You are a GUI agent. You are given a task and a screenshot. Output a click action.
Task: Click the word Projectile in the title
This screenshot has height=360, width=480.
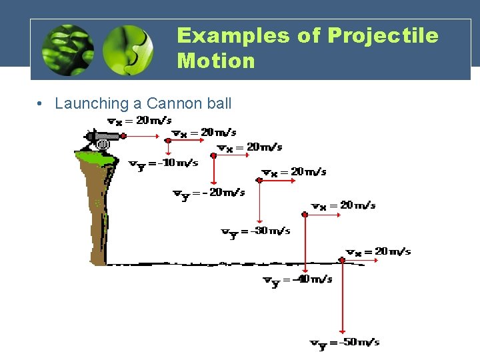[x=383, y=36]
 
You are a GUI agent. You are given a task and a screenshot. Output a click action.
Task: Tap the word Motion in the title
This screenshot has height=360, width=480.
[x=216, y=61]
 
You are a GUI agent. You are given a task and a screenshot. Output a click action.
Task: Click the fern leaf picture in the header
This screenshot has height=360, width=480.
[x=67, y=50]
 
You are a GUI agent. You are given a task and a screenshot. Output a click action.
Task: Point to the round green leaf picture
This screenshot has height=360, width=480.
[x=128, y=50]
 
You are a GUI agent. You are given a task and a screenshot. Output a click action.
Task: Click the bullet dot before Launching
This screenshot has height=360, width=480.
[x=41, y=104]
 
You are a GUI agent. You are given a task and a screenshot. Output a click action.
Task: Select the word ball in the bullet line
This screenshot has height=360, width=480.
[x=217, y=103]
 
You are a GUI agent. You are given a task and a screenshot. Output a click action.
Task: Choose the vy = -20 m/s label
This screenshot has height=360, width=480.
[x=209, y=193]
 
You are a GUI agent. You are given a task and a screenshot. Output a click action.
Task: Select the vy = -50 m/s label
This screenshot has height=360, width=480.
[x=345, y=343]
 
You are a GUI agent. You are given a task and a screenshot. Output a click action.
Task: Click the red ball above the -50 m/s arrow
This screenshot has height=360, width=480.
[x=342, y=260]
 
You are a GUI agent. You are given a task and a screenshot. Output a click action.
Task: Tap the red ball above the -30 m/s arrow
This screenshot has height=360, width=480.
[x=259, y=179]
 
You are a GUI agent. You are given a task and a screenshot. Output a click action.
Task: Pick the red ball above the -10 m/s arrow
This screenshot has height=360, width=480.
[x=168, y=141]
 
